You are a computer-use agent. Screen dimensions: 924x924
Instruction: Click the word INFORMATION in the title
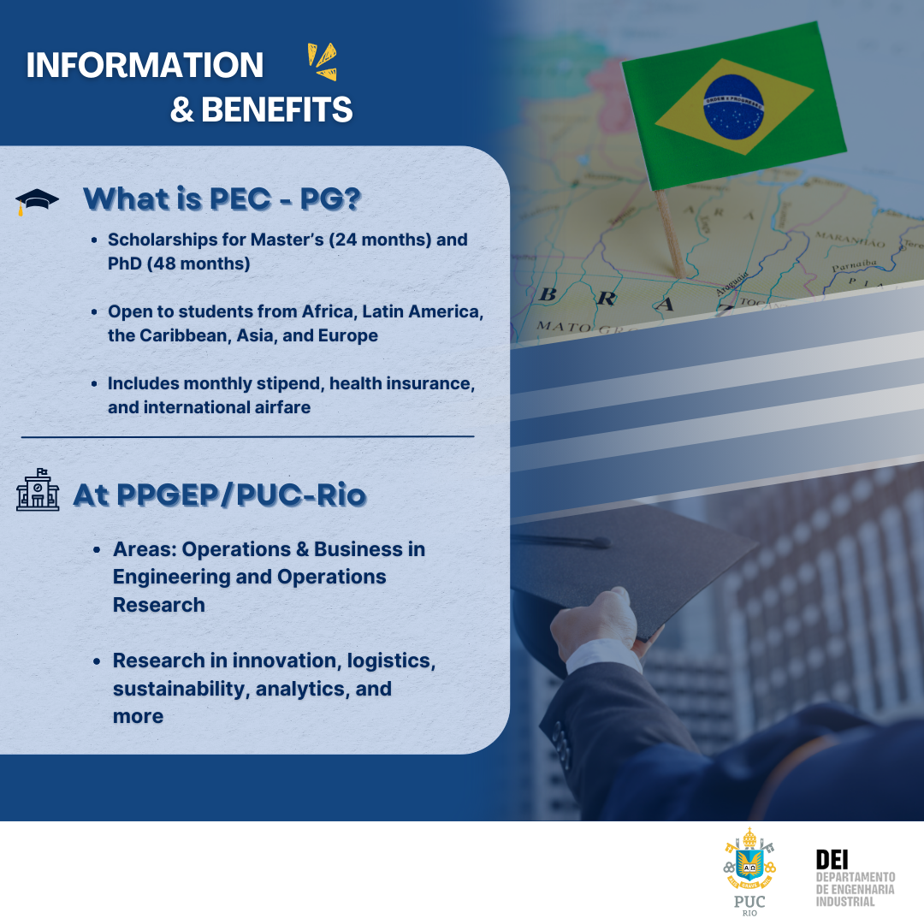pos(145,66)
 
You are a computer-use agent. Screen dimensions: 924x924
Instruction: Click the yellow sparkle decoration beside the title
pos(322,62)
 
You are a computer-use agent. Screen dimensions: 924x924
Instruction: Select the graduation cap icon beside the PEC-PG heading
pos(37,202)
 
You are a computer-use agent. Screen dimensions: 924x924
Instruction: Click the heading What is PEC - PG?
pos(222,198)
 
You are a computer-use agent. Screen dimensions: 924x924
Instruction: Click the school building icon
pos(38,491)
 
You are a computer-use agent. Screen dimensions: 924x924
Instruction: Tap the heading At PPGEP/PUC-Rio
pos(220,495)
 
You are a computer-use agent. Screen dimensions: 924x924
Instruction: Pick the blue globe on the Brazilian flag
pos(733,106)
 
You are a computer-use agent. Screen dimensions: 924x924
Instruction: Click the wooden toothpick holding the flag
pos(669,230)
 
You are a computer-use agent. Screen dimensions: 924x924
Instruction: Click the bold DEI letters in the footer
pos(832,859)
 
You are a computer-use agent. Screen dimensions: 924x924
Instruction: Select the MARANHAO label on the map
pos(849,236)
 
